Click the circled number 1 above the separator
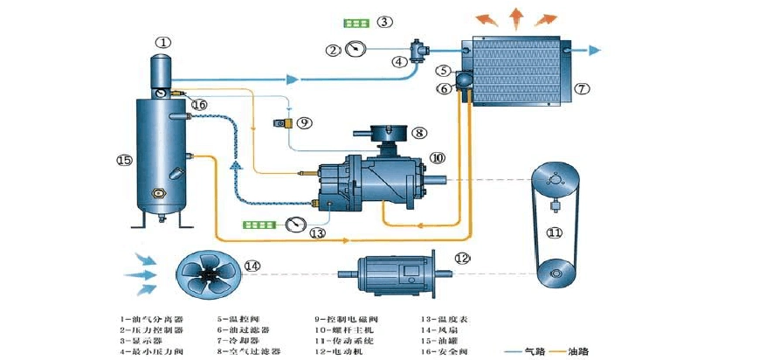point(163,41)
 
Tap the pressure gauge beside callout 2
point(355,49)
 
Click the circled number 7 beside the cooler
point(582,87)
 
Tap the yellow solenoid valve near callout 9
point(282,122)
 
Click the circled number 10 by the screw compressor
point(438,157)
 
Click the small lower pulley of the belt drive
point(553,275)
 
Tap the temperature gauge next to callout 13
point(294,224)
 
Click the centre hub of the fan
point(209,275)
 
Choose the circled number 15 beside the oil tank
point(122,160)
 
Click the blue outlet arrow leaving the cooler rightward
point(594,50)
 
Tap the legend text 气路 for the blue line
point(533,351)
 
